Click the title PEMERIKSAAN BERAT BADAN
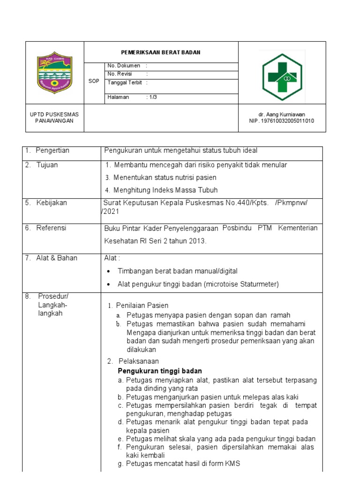click(161, 52)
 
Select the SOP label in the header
click(94, 81)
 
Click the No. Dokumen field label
click(124, 66)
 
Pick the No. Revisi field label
click(120, 74)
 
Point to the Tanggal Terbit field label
click(125, 82)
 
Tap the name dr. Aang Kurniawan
click(281, 114)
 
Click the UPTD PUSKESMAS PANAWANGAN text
click(54, 118)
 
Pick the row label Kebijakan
click(51, 203)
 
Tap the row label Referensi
click(51, 228)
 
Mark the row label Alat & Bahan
click(56, 258)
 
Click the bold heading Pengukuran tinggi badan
click(156, 371)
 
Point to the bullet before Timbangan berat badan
click(109, 271)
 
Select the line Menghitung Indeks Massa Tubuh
click(165, 190)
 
